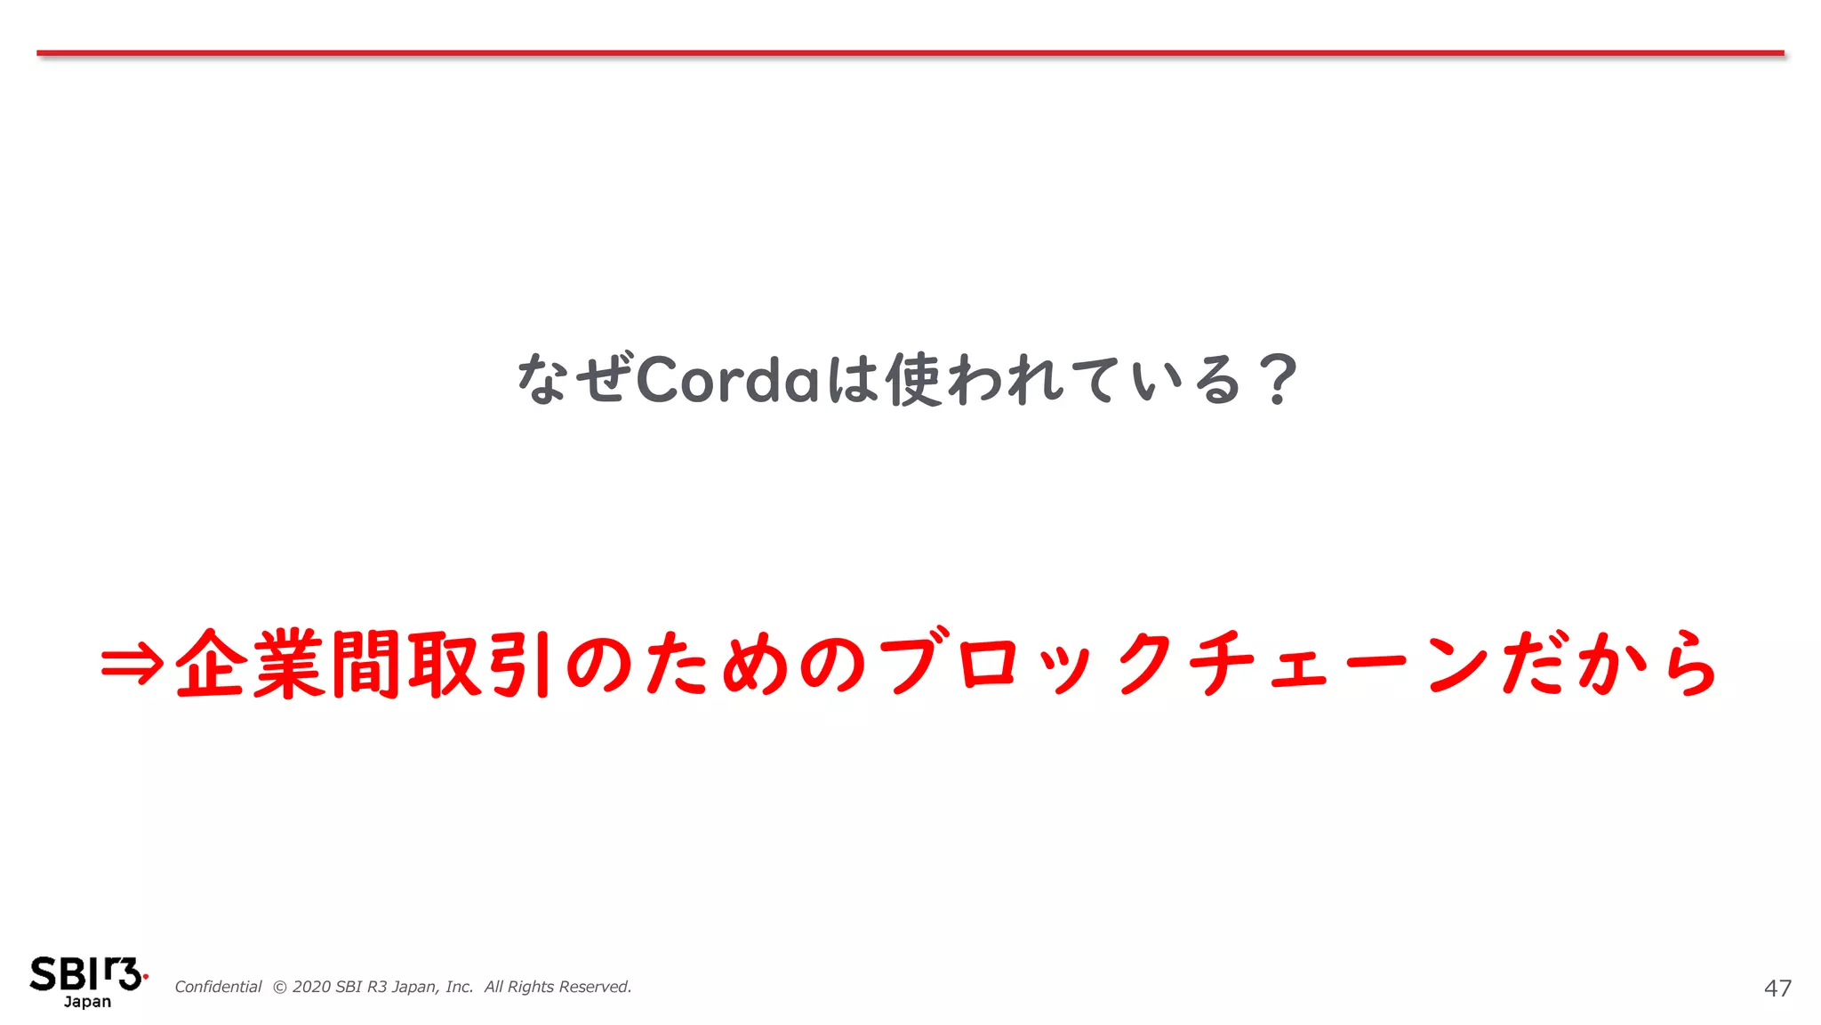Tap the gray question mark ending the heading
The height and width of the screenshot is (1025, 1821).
[1279, 380]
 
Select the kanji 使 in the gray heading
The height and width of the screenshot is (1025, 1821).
[913, 380]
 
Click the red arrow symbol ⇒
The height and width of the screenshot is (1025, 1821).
[132, 664]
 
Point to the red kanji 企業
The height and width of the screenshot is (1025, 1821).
[250, 664]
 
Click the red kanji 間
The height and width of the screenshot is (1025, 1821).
[365, 664]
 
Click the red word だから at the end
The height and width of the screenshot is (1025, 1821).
[1609, 664]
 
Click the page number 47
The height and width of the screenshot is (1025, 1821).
[1777, 989]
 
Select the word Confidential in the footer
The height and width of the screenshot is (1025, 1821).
[218, 987]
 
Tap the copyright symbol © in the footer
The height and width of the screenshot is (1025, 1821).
[279, 987]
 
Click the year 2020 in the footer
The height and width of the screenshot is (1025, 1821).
[311, 987]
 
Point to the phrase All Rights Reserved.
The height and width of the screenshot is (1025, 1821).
[558, 987]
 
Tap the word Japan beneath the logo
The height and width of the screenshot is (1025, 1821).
[87, 1002]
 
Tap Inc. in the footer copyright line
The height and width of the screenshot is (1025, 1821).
[459, 987]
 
